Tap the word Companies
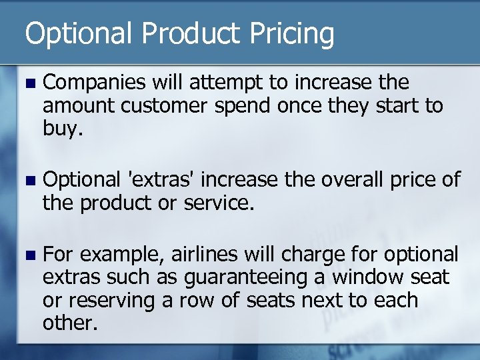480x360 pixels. pos(95,83)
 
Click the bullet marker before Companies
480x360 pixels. pos(27,83)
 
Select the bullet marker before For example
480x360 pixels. pos(27,255)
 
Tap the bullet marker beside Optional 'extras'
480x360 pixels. pos(27,180)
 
